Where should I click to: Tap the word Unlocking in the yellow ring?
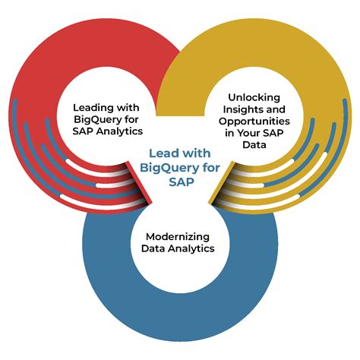[x=254, y=97]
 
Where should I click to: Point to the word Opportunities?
[x=254, y=122]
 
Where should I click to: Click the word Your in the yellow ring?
[x=250, y=133]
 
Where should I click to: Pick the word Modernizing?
[x=178, y=237]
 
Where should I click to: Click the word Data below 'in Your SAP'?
[x=254, y=145]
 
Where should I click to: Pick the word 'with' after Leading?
[x=128, y=108]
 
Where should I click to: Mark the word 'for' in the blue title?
[x=211, y=168]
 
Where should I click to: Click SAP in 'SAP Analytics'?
[x=83, y=131]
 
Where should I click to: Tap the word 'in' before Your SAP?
[x=229, y=133]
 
